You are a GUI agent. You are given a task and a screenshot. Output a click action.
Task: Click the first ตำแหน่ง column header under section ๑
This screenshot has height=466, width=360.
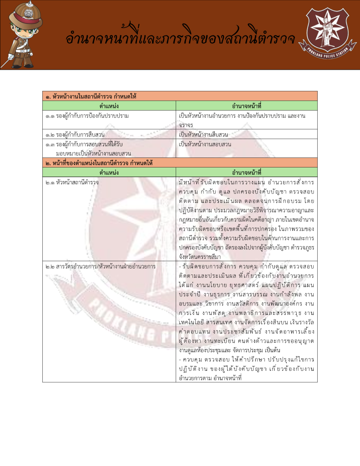109,106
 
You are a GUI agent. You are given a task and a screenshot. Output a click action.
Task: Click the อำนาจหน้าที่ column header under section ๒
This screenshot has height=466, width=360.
246,172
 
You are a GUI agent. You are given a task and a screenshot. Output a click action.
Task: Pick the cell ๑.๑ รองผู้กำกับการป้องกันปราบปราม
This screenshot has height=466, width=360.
87,116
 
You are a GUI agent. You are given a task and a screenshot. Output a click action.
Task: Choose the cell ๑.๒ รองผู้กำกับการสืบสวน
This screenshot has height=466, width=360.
75,135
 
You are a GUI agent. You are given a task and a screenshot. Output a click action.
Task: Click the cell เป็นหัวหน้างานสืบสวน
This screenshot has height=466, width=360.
203,135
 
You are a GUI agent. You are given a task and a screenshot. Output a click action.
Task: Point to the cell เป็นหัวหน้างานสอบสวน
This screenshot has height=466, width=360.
205,144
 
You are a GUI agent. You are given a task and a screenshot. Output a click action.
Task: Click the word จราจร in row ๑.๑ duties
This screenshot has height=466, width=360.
186,125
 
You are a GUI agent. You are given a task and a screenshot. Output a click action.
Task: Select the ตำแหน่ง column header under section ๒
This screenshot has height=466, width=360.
109,172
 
